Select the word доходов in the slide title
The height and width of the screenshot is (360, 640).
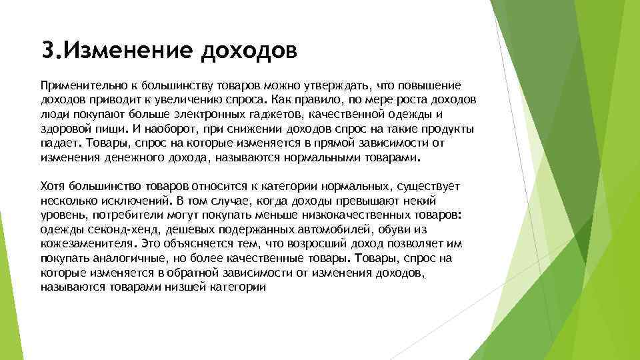[248, 51]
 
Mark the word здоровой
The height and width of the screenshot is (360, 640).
[64, 128]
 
